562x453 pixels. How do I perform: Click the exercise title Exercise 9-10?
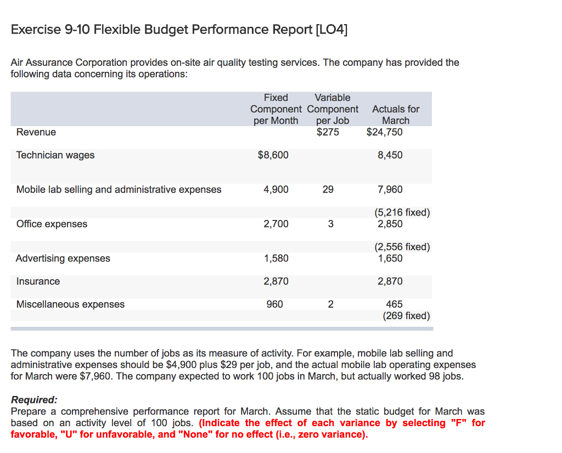tap(179, 29)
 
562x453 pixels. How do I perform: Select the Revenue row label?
tap(36, 132)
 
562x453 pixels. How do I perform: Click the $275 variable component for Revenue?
tap(328, 132)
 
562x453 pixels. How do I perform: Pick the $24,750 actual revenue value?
tap(384, 132)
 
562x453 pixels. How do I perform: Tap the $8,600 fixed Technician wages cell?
tap(273, 155)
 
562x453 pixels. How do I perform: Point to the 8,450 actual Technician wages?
tap(390, 155)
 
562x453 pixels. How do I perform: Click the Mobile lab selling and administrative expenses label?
tap(119, 190)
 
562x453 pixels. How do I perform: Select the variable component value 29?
tap(328, 190)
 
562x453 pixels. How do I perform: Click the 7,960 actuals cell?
tap(390, 190)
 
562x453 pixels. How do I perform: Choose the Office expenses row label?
tap(52, 224)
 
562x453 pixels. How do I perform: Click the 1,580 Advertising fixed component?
tap(276, 258)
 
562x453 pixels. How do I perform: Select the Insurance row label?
tap(38, 281)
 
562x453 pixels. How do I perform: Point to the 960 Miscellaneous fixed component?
tap(274, 304)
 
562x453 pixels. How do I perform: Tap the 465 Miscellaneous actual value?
tap(394, 304)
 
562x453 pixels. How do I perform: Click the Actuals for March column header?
tap(395, 115)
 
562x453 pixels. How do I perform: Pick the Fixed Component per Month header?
tap(276, 109)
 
